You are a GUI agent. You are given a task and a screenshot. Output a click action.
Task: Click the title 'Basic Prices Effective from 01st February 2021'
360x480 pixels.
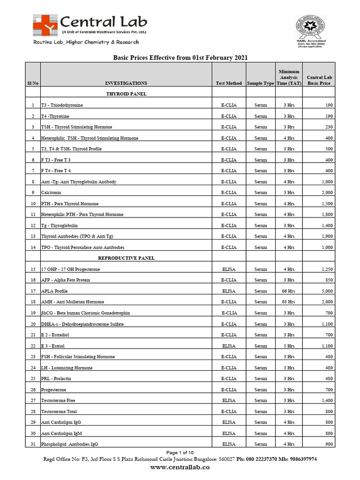point(180,58)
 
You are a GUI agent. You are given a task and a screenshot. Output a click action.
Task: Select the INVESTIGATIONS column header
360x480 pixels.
point(126,83)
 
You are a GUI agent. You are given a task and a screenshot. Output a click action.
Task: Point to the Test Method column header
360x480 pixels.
point(229,83)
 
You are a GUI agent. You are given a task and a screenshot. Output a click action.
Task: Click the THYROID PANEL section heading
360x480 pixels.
point(126,94)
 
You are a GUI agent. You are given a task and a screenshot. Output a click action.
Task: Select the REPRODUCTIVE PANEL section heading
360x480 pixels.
point(126,258)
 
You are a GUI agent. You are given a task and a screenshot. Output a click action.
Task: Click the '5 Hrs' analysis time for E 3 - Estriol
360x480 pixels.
point(289,346)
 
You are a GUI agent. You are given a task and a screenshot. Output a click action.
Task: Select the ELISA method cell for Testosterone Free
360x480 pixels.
point(229,401)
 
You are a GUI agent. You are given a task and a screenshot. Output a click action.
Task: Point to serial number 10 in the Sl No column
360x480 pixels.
point(33,204)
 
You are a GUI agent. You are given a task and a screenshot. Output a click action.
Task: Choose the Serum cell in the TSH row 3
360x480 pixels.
point(260,127)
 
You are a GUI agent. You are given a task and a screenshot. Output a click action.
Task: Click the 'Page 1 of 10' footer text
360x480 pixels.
point(180,452)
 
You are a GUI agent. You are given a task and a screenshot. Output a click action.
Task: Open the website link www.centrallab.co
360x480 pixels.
point(180,467)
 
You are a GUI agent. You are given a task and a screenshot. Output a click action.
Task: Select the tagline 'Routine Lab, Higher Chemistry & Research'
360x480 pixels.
point(86,42)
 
